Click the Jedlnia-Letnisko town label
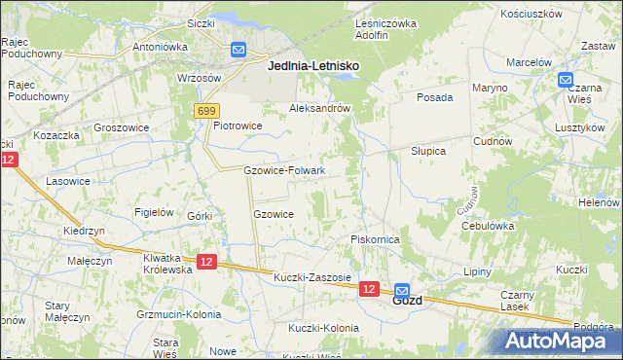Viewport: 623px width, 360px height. (311, 64)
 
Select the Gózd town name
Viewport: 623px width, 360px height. (407, 301)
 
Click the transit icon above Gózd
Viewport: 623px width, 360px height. (401, 287)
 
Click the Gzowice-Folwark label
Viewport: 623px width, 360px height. (283, 170)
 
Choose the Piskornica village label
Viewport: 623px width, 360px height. (376, 238)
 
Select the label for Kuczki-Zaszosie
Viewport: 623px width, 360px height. (312, 277)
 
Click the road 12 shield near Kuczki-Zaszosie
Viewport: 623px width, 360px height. (368, 289)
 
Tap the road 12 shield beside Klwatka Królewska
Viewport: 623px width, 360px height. (205, 262)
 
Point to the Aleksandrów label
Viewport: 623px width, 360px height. (319, 108)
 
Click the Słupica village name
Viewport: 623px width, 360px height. (427, 151)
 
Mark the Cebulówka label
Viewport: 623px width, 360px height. (488, 225)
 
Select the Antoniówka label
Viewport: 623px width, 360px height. (160, 46)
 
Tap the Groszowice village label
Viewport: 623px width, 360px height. (121, 126)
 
